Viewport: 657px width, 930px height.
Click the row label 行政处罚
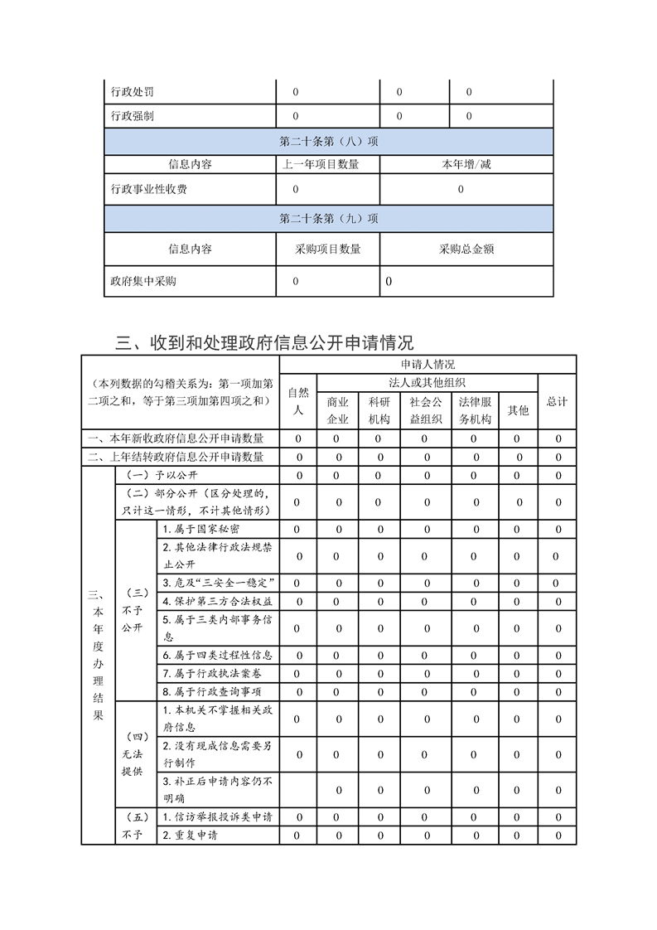[x=133, y=91]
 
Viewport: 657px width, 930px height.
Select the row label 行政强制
[x=133, y=116]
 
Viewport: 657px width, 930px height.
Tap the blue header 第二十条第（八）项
[x=329, y=141]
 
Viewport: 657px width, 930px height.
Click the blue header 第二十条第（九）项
[x=329, y=219]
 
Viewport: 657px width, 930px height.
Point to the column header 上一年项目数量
[x=321, y=164]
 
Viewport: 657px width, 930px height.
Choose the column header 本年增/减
[x=466, y=164]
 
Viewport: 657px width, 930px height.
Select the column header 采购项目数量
[x=328, y=249]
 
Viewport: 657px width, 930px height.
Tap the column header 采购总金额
[x=466, y=249]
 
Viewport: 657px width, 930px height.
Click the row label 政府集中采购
[x=143, y=281]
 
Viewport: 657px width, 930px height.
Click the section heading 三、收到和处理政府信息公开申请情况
[x=264, y=342]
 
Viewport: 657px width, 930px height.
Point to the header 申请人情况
[x=428, y=364]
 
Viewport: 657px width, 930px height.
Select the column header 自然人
[x=298, y=400]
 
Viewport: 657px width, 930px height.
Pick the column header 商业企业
[x=338, y=409]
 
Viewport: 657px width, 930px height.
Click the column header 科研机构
[x=379, y=409]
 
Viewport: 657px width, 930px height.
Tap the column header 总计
[x=557, y=401]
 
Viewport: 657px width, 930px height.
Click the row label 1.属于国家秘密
[x=202, y=529]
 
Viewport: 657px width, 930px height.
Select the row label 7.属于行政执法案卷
[x=213, y=673]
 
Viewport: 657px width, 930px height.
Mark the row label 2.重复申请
[x=190, y=835]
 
